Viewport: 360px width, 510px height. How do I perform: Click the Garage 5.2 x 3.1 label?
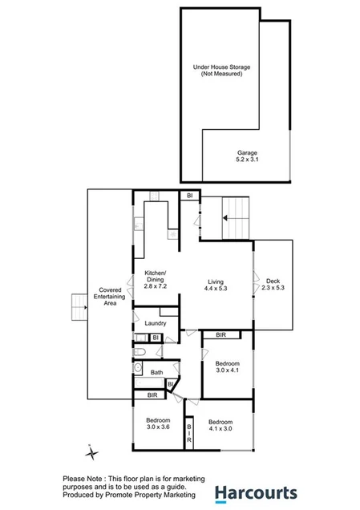(247, 156)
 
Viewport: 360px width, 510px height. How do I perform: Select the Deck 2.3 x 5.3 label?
(274, 282)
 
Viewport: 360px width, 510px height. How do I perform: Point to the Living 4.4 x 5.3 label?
(216, 285)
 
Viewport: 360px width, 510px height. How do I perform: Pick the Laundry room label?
(156, 323)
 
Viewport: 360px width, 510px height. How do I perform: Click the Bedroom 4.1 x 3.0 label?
(220, 426)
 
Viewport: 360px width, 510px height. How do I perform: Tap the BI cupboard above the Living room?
(189, 195)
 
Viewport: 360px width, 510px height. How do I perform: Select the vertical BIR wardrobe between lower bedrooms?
(189, 433)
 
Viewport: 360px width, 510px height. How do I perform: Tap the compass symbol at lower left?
(93, 454)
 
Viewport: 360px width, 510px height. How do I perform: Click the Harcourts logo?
(255, 493)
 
